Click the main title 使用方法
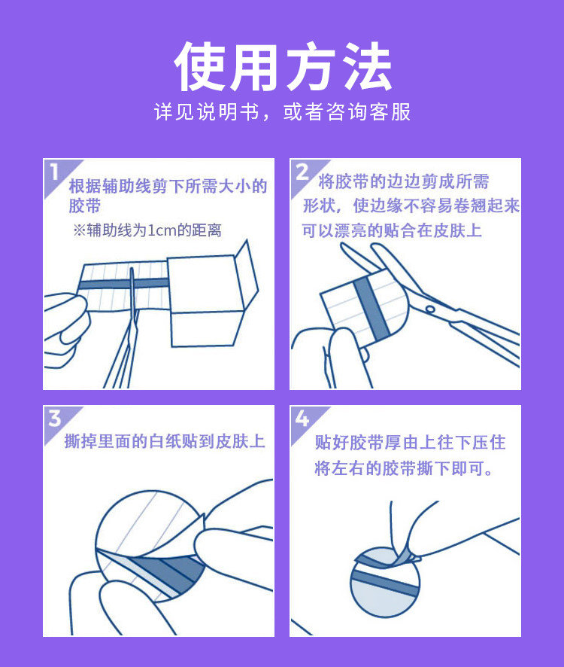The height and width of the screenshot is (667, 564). [283, 66]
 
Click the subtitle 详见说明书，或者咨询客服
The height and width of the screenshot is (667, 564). [282, 112]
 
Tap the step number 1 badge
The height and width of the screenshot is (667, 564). [54, 172]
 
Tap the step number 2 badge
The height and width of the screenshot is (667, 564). [302, 172]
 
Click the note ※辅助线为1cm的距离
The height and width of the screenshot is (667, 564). [147, 230]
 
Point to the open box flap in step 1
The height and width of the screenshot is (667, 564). [247, 273]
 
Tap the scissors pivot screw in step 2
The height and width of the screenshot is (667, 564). [430, 309]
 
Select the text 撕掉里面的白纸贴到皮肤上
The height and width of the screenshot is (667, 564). [165, 441]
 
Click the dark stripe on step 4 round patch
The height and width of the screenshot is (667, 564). [384, 583]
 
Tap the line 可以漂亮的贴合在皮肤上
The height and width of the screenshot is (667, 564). [392, 230]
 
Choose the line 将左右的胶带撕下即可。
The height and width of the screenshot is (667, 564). [404, 468]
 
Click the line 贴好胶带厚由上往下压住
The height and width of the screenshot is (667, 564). [410, 443]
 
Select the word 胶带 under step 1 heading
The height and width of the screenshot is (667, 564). [85, 206]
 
